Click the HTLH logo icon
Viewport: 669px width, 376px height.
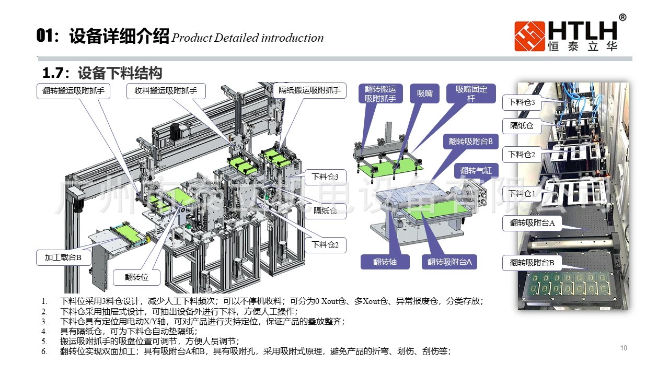(x=529, y=36)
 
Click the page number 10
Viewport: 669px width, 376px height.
(x=623, y=348)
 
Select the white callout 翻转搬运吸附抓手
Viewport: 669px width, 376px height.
(x=73, y=91)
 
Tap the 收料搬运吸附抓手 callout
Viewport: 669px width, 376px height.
(x=166, y=91)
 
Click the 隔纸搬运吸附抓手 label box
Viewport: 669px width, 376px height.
(x=309, y=91)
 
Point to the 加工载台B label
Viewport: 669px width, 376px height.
(x=63, y=257)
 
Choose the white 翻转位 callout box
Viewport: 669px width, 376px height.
(x=136, y=277)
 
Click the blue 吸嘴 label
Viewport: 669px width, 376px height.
(x=424, y=93)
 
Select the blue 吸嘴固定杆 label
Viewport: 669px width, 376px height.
(x=471, y=93)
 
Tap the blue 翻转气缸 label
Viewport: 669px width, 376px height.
(x=476, y=171)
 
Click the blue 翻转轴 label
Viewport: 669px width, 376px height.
(x=385, y=262)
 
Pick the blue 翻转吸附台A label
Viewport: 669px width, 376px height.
(x=449, y=262)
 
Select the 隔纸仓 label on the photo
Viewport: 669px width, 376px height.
(x=522, y=125)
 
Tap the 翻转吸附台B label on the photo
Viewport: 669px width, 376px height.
(x=532, y=262)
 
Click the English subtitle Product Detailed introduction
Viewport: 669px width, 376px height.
(x=247, y=38)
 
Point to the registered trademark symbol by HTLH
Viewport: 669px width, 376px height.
(x=622, y=17)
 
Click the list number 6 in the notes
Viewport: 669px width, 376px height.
(x=44, y=351)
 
